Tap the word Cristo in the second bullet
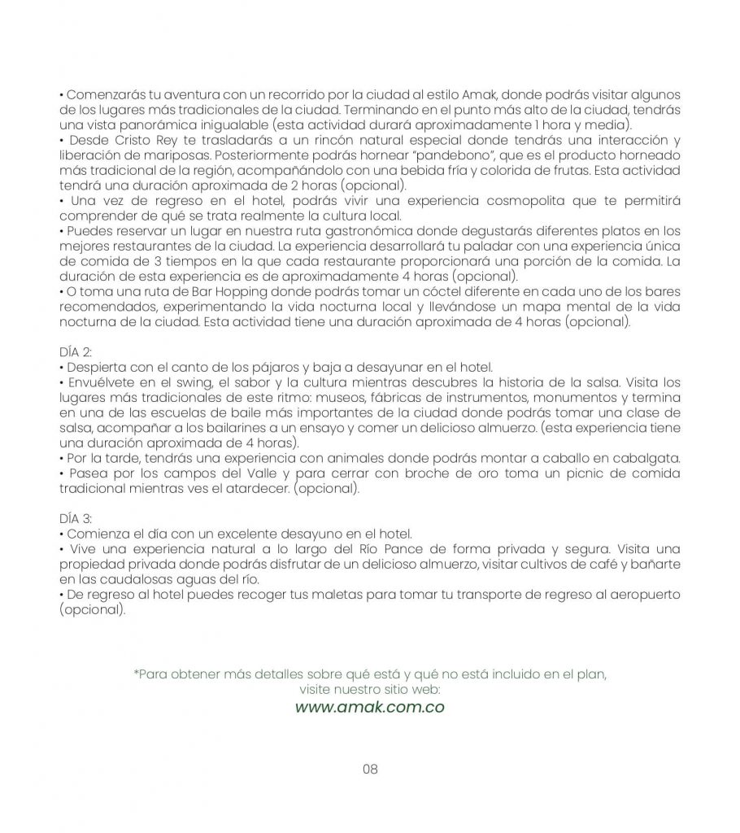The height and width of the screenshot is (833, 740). coord(122,141)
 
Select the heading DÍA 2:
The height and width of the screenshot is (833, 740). coord(76,351)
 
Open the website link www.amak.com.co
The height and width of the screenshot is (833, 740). coord(369,707)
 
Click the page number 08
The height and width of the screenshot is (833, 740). coord(370,770)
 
